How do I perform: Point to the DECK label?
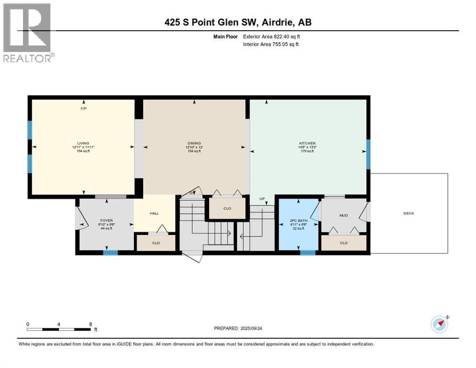click(x=408, y=213)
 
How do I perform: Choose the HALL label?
click(x=154, y=214)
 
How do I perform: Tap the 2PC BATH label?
click(x=299, y=221)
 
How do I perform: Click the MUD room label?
click(x=343, y=215)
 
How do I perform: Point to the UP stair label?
click(x=262, y=199)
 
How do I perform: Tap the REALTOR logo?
click(x=28, y=33)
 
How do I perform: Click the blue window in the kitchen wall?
click(x=368, y=154)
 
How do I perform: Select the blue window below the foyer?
click(x=111, y=253)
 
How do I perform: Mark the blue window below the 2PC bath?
click(x=308, y=253)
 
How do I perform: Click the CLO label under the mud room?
click(x=343, y=243)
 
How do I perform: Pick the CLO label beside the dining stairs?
click(x=227, y=208)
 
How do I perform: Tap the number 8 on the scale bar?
click(x=91, y=324)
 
